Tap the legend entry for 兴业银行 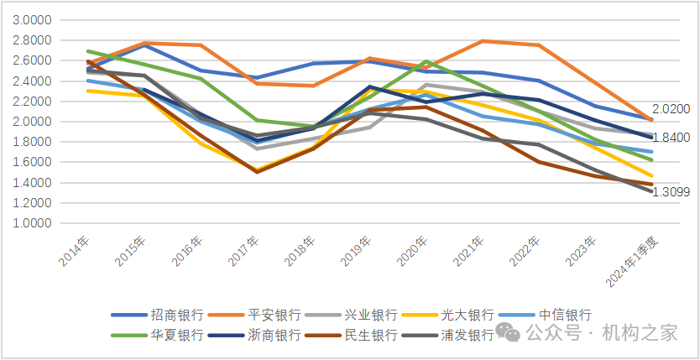click(370, 316)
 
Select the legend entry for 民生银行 click(370, 335)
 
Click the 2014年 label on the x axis click(73, 251)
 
